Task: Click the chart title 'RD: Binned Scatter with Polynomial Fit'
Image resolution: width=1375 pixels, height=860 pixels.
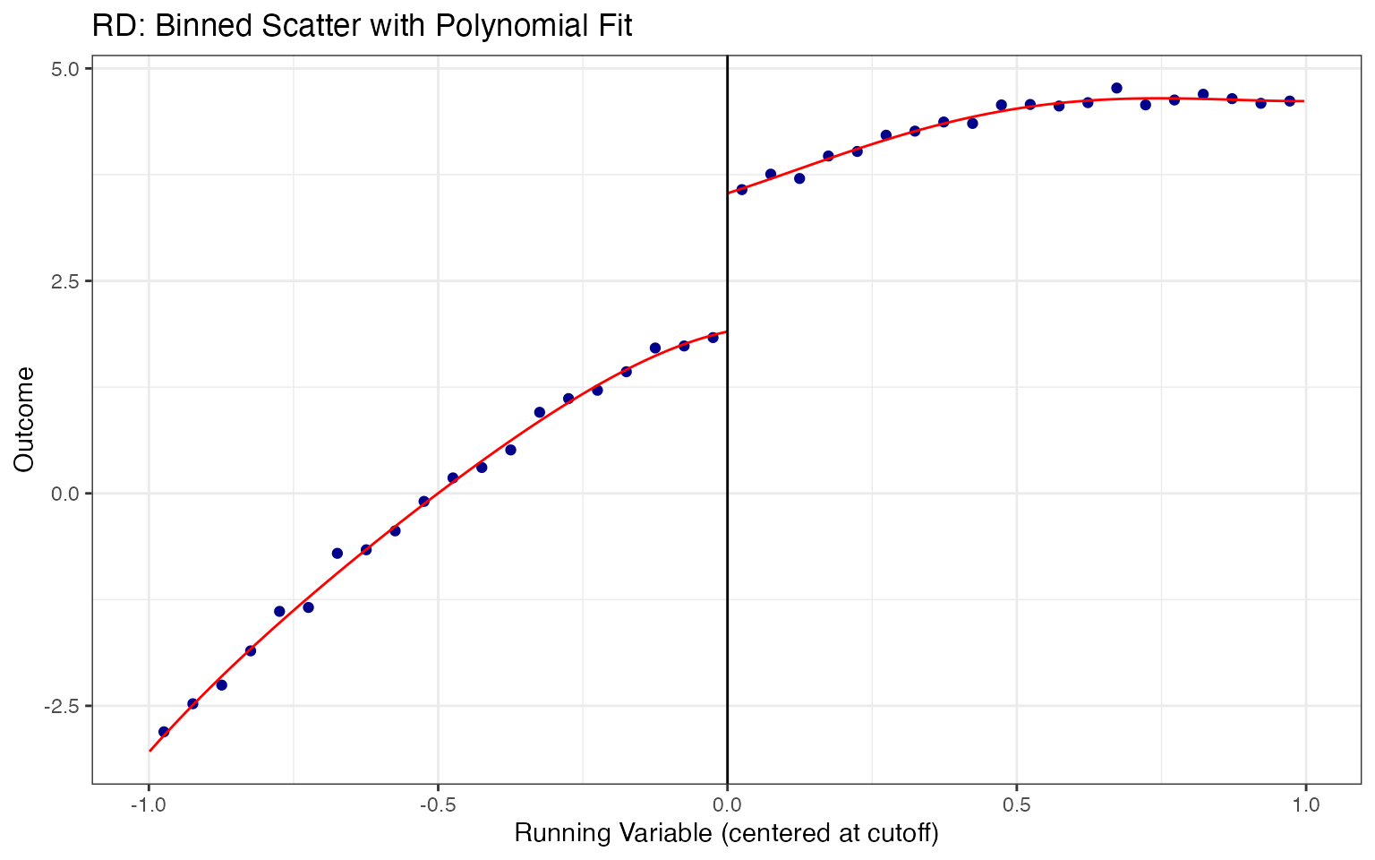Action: click(x=362, y=26)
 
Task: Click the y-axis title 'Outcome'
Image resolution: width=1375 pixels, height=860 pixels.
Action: click(x=24, y=418)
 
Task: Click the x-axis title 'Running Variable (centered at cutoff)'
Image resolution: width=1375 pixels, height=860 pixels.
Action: click(x=726, y=834)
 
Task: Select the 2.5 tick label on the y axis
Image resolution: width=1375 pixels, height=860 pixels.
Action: click(x=68, y=281)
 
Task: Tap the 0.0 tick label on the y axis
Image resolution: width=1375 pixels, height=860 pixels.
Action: click(x=68, y=494)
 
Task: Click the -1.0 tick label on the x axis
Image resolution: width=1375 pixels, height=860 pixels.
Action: click(x=148, y=805)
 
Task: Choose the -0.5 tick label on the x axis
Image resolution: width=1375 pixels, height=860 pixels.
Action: click(x=437, y=805)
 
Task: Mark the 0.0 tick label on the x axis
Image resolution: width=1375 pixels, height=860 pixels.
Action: click(x=727, y=805)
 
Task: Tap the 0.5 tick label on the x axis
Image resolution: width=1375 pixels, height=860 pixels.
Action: click(x=1016, y=805)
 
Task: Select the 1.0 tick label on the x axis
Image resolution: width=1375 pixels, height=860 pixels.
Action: click(x=1306, y=805)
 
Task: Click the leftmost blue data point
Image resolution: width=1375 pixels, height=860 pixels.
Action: click(x=164, y=732)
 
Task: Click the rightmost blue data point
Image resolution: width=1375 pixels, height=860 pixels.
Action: click(x=1290, y=101)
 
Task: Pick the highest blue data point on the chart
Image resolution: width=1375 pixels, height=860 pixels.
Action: click(x=1116, y=88)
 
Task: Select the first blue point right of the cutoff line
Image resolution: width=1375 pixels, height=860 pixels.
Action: click(x=741, y=189)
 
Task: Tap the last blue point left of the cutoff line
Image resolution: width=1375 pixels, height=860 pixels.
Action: click(x=713, y=338)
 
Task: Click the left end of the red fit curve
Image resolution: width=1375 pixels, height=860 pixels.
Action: click(x=149, y=751)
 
